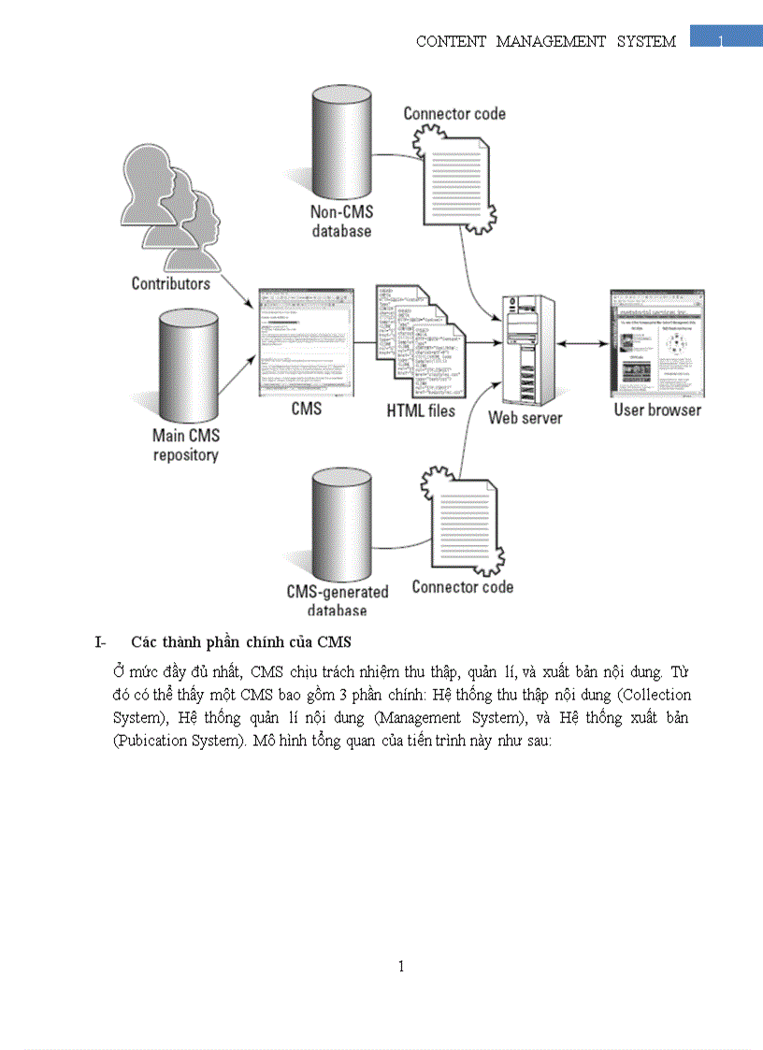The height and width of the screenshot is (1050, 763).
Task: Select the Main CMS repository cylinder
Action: pos(187,365)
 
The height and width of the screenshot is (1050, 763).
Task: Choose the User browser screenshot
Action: pos(656,343)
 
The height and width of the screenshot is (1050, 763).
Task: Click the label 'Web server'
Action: pos(525,418)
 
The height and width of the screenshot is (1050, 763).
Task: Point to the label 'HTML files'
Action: pos(421,410)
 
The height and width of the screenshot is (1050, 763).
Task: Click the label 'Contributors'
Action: pos(171,283)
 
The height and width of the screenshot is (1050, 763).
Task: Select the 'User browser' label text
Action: pos(657,410)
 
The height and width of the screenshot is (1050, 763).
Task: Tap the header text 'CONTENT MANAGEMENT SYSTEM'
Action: pos(545,41)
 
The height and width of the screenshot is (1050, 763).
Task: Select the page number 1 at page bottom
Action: pos(401,966)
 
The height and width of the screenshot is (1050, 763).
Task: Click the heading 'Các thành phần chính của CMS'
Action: pos(240,641)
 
